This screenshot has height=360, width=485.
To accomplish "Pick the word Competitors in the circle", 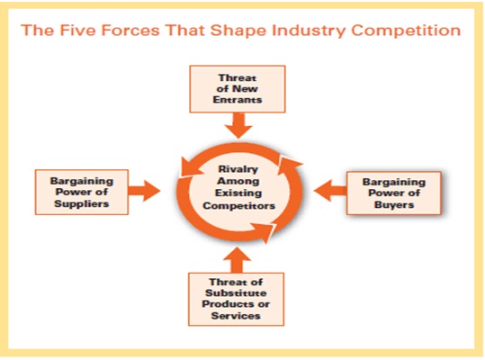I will coord(238,206).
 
